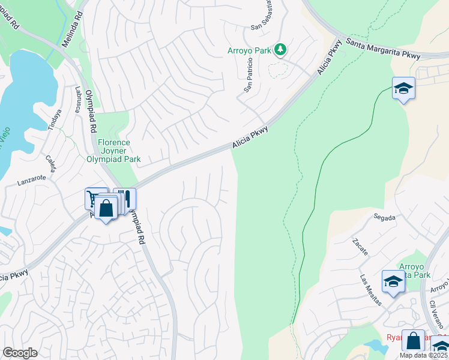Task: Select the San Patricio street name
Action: pos(248,78)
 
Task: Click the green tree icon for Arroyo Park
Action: pos(280,50)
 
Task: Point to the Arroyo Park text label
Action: pos(250,50)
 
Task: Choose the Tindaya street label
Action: pos(55,120)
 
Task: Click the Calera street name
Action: pos(50,163)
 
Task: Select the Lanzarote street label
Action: pos(31,179)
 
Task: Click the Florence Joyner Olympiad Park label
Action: pos(113,151)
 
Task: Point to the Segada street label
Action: pos(384,217)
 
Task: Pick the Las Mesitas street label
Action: pos(370,290)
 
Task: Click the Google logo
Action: pos(19,353)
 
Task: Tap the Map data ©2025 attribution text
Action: pos(423,355)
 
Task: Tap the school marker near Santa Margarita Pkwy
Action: pos(403,89)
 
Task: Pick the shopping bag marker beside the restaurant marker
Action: pos(106,209)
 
